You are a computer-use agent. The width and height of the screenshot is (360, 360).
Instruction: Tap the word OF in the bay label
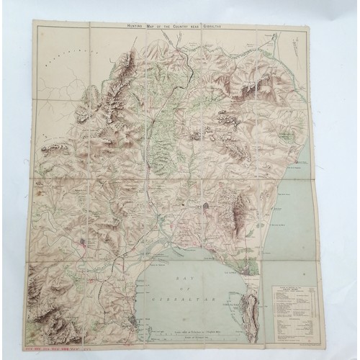point(186,286)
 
